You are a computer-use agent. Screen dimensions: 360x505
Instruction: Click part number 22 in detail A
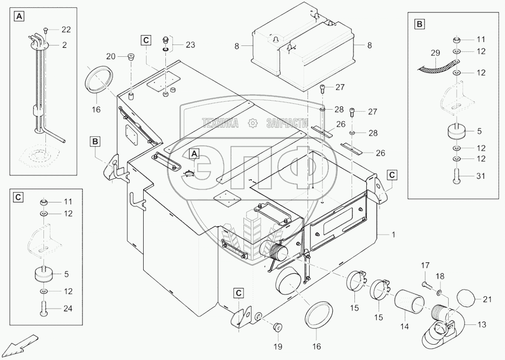coord(66,29)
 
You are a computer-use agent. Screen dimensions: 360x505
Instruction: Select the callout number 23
coord(190,44)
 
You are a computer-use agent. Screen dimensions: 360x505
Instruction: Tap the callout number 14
coord(405,326)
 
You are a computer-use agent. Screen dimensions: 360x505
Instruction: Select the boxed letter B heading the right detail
coord(419,23)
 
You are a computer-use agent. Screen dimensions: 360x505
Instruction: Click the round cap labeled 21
coord(466,298)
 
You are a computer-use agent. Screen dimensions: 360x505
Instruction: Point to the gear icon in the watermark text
coord(252,122)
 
